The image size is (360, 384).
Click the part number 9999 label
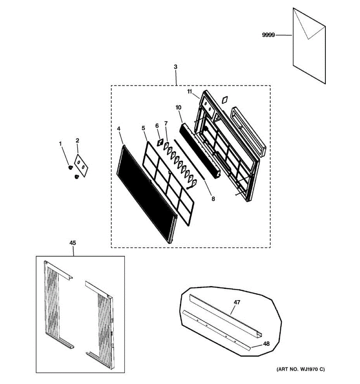tap(268, 35)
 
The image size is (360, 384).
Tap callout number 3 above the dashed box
tap(175, 67)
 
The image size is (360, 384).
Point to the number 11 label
tap(190, 92)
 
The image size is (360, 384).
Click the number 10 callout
tap(178, 107)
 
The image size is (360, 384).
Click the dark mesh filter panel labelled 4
tap(146, 192)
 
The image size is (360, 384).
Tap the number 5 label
tap(143, 128)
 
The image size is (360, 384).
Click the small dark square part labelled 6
tap(159, 143)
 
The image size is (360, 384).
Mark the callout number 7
tap(166, 123)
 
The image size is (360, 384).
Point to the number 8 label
tap(213, 199)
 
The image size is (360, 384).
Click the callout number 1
tap(60, 144)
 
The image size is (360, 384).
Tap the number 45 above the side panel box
tap(73, 243)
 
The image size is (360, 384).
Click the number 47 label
tap(237, 302)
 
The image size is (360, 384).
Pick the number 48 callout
tap(266, 344)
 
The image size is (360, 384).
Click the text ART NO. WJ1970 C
tap(300, 369)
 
